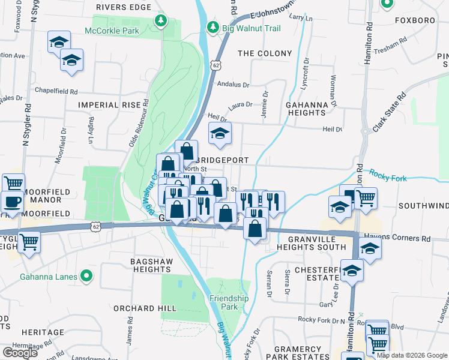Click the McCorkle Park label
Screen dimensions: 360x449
point(112,31)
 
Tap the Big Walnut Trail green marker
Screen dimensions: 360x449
point(212,27)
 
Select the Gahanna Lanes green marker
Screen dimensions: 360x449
point(86,277)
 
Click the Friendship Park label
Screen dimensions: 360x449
point(229,302)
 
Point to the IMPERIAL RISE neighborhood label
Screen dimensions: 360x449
point(109,104)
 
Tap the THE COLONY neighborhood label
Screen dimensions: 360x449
point(265,53)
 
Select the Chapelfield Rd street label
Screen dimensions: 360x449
point(57,92)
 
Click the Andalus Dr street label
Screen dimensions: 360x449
point(233,85)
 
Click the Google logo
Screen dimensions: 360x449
point(20,352)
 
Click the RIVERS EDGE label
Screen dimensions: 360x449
point(123,7)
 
